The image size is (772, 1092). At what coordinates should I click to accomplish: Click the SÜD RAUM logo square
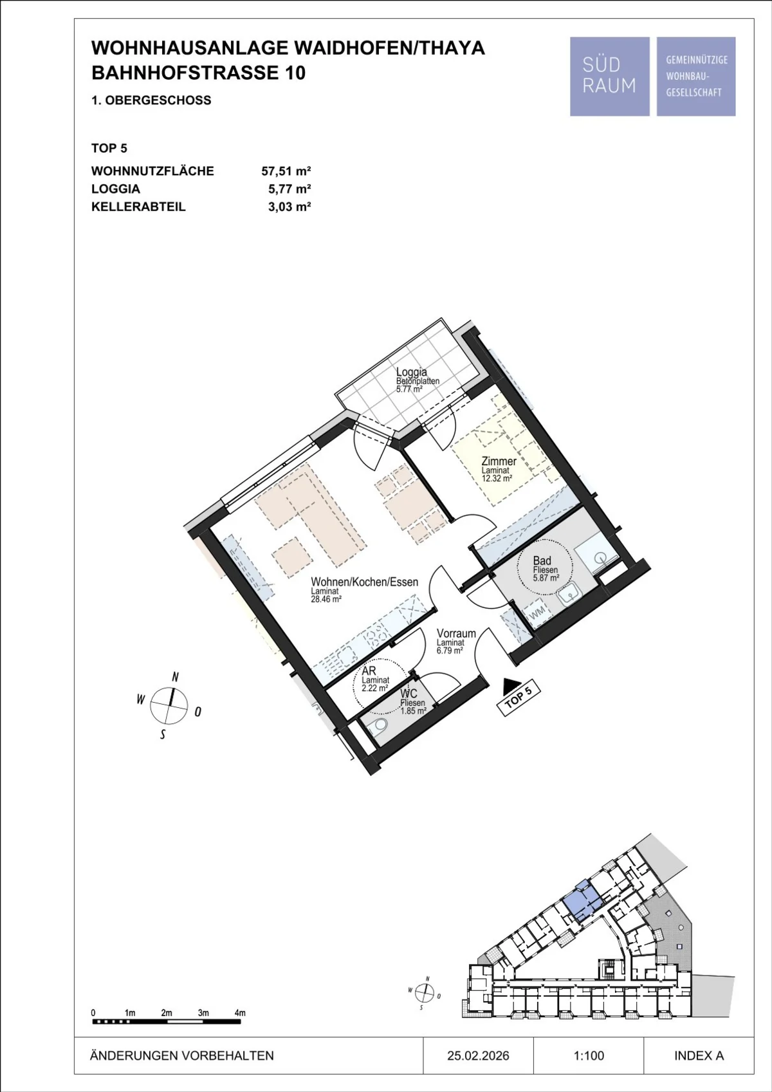pyautogui.click(x=610, y=77)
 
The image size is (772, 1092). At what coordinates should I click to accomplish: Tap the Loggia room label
pyautogui.click(x=411, y=372)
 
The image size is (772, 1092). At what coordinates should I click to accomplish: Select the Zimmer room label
pyautogui.click(x=499, y=461)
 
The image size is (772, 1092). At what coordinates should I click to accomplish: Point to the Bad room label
pyautogui.click(x=542, y=560)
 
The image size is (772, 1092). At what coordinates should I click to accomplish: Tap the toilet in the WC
pyautogui.click(x=377, y=726)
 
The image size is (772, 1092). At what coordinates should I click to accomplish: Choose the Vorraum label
pyautogui.click(x=456, y=633)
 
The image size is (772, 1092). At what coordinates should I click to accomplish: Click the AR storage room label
pyautogui.click(x=369, y=671)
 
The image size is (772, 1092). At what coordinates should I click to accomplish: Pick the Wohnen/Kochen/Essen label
pyautogui.click(x=365, y=582)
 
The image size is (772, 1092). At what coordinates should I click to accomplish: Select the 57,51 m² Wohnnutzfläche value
pyautogui.click(x=286, y=171)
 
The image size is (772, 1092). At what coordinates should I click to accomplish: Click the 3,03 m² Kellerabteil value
pyautogui.click(x=289, y=207)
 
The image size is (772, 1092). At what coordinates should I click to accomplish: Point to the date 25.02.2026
pyautogui.click(x=478, y=1055)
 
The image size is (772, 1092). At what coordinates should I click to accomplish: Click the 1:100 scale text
pyautogui.click(x=589, y=1055)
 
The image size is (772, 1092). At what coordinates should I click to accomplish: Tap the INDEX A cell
pyautogui.click(x=699, y=1055)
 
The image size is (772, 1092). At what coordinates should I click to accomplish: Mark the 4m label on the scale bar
pyautogui.click(x=240, y=1013)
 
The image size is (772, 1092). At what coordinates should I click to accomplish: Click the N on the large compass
pyautogui.click(x=176, y=677)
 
